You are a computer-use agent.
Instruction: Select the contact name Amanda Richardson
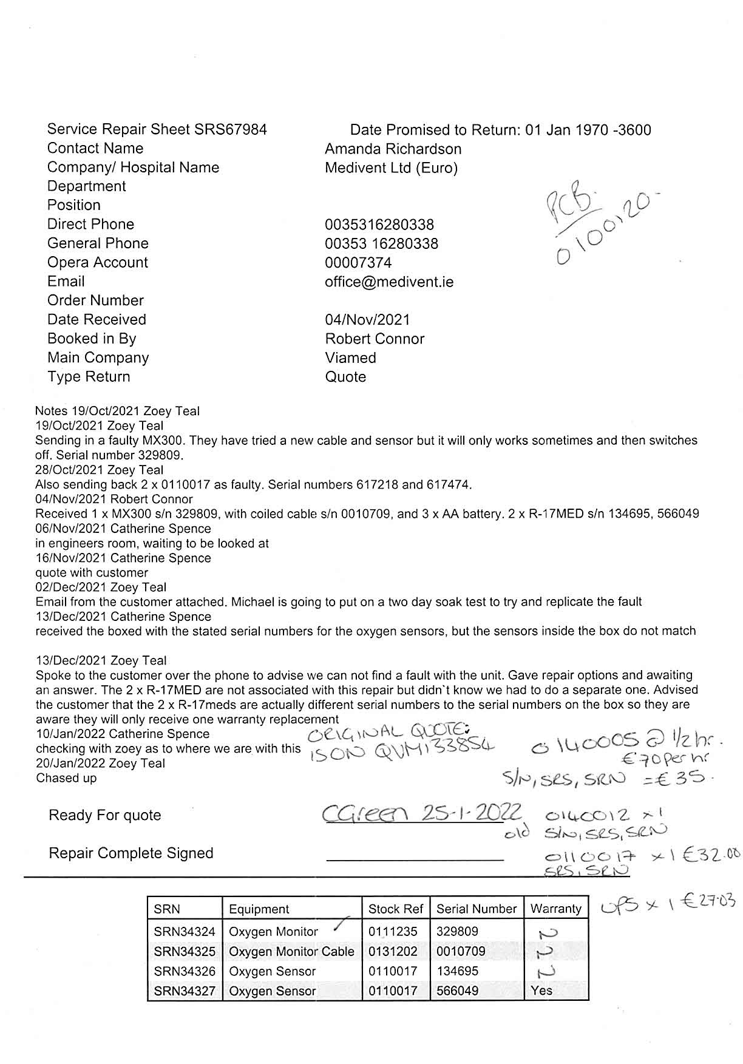click(393, 149)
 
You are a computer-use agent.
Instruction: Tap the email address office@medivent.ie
click(388, 282)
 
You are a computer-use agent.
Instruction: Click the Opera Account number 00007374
click(358, 263)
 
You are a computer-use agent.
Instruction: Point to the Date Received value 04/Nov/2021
click(367, 319)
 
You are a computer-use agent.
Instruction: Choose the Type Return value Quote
click(345, 377)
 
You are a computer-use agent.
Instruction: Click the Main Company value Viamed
click(350, 357)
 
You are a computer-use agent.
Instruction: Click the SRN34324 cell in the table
click(185, 931)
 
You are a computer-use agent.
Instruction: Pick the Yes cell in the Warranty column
click(541, 991)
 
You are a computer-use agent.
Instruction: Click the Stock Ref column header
click(395, 909)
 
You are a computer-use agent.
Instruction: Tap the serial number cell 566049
click(457, 991)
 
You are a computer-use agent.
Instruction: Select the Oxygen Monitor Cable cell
click(291, 951)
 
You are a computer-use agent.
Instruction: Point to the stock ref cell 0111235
click(393, 931)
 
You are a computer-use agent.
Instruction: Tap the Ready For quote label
click(105, 815)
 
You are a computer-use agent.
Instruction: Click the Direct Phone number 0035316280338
click(379, 225)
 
